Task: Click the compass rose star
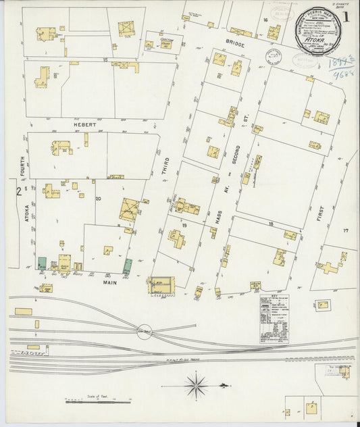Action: coord(196,386)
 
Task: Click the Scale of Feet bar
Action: coord(89,401)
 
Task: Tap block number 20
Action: coord(98,198)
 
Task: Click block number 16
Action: coord(266,20)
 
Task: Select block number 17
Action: coord(345,231)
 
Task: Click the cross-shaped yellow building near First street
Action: coord(328,268)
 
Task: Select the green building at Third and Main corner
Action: coord(128,266)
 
